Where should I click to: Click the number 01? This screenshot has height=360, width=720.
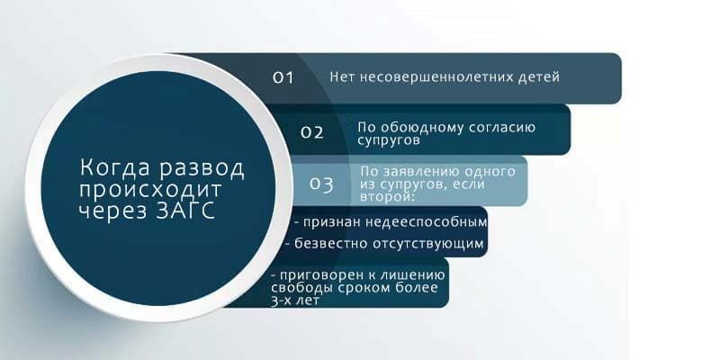(283, 77)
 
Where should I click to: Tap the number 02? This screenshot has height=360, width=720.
(312, 132)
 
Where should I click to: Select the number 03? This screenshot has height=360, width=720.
(321, 184)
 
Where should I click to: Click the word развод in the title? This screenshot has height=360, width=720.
(202, 168)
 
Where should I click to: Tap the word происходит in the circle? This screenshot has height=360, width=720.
(150, 191)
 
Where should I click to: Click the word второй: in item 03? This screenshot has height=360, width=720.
(388, 197)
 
